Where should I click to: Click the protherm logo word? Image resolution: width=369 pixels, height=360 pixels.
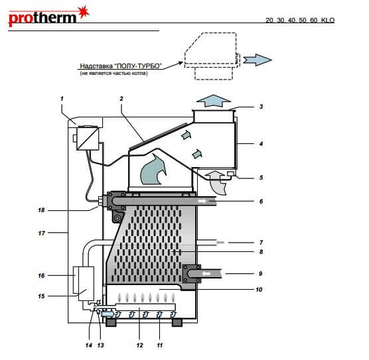pyautogui.click(x=42, y=19)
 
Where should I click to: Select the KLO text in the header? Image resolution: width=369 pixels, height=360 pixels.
pyautogui.click(x=328, y=21)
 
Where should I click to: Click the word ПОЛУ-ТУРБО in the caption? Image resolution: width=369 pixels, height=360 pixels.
pyautogui.click(x=137, y=66)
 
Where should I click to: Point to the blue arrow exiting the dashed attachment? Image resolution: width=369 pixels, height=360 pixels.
pyautogui.click(x=258, y=60)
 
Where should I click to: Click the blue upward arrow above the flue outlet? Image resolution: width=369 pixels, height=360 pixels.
pyautogui.click(x=214, y=101)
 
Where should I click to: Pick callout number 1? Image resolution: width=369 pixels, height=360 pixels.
pyautogui.click(x=62, y=99)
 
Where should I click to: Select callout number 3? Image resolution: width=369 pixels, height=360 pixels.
pyautogui.click(x=261, y=107)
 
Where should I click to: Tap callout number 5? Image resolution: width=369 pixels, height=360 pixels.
pyautogui.click(x=261, y=177)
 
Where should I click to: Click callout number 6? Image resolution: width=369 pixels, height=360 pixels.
pyautogui.click(x=261, y=202)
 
